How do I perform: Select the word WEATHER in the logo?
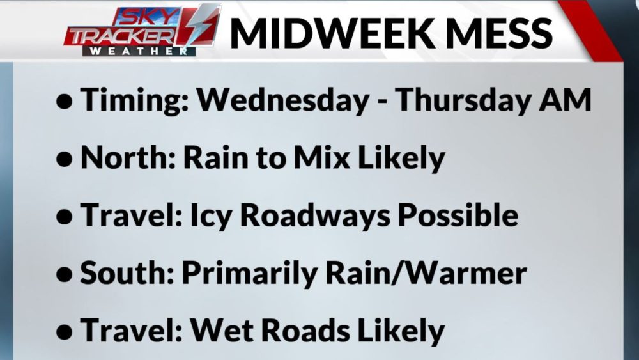click(x=139, y=51)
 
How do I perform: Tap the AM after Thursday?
click(x=565, y=100)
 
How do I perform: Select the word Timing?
click(x=134, y=100)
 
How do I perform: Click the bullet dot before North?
click(x=65, y=159)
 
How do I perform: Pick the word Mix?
click(x=321, y=157)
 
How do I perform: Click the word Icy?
click(x=211, y=216)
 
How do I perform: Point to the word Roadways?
click(x=314, y=216)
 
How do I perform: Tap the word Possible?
click(x=458, y=215)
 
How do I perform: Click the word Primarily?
click(x=249, y=273)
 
